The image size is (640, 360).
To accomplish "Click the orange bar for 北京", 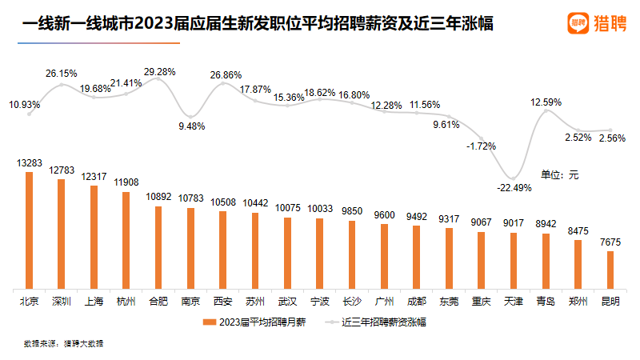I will [x=30, y=230].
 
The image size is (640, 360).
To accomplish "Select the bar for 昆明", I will [x=610, y=270].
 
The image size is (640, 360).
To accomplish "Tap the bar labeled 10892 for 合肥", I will [x=158, y=247].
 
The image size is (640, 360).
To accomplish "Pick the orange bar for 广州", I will [x=384, y=256].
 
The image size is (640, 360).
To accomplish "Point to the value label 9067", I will [x=481, y=222].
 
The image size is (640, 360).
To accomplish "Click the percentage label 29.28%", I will [x=160, y=72].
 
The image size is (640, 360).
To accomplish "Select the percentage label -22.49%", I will [x=514, y=188].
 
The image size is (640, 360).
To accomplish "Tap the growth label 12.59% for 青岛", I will [x=546, y=102].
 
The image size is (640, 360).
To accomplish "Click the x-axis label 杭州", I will [x=126, y=302].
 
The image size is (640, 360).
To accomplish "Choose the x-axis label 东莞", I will [x=449, y=302].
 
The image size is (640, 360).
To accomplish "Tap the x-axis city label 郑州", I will [x=578, y=302].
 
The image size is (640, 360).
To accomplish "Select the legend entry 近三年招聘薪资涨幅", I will [x=376, y=322].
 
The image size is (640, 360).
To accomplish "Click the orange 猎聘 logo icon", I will [x=579, y=23].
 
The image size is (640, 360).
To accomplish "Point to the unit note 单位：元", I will [x=559, y=174].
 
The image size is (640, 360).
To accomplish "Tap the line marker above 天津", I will [x=514, y=177].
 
